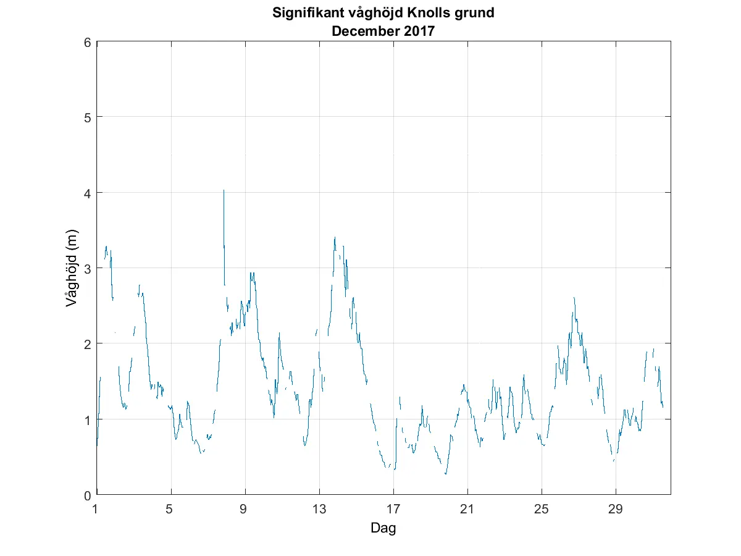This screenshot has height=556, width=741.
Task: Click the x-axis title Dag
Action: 383,528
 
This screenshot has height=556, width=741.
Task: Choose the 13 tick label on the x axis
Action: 319,509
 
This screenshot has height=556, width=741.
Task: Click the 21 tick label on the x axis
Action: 467,509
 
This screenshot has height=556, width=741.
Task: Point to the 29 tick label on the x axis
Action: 616,509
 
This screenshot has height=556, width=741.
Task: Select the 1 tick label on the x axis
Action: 96,509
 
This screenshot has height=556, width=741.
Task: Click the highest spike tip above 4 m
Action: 224,190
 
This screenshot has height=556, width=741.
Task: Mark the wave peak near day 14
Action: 335,237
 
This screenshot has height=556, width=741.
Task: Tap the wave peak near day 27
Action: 574,298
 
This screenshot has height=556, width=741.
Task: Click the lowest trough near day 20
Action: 445,474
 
